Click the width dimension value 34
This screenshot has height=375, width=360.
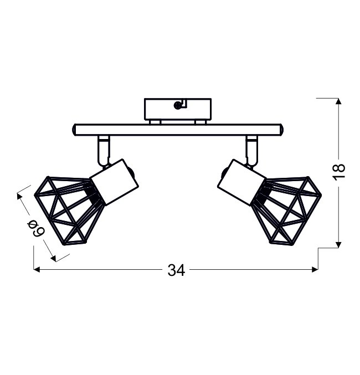[x=176, y=270]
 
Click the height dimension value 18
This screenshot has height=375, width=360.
[x=339, y=172]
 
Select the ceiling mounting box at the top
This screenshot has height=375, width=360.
[x=178, y=109]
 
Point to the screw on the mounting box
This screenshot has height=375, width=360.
[x=177, y=105]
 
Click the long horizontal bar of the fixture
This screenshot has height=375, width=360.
[x=178, y=130]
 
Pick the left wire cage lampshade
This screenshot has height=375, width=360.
[x=69, y=210]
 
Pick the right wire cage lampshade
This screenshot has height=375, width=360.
[x=286, y=210]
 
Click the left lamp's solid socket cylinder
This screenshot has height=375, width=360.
[x=115, y=182]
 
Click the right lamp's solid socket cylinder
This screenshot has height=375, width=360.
[x=242, y=182]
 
